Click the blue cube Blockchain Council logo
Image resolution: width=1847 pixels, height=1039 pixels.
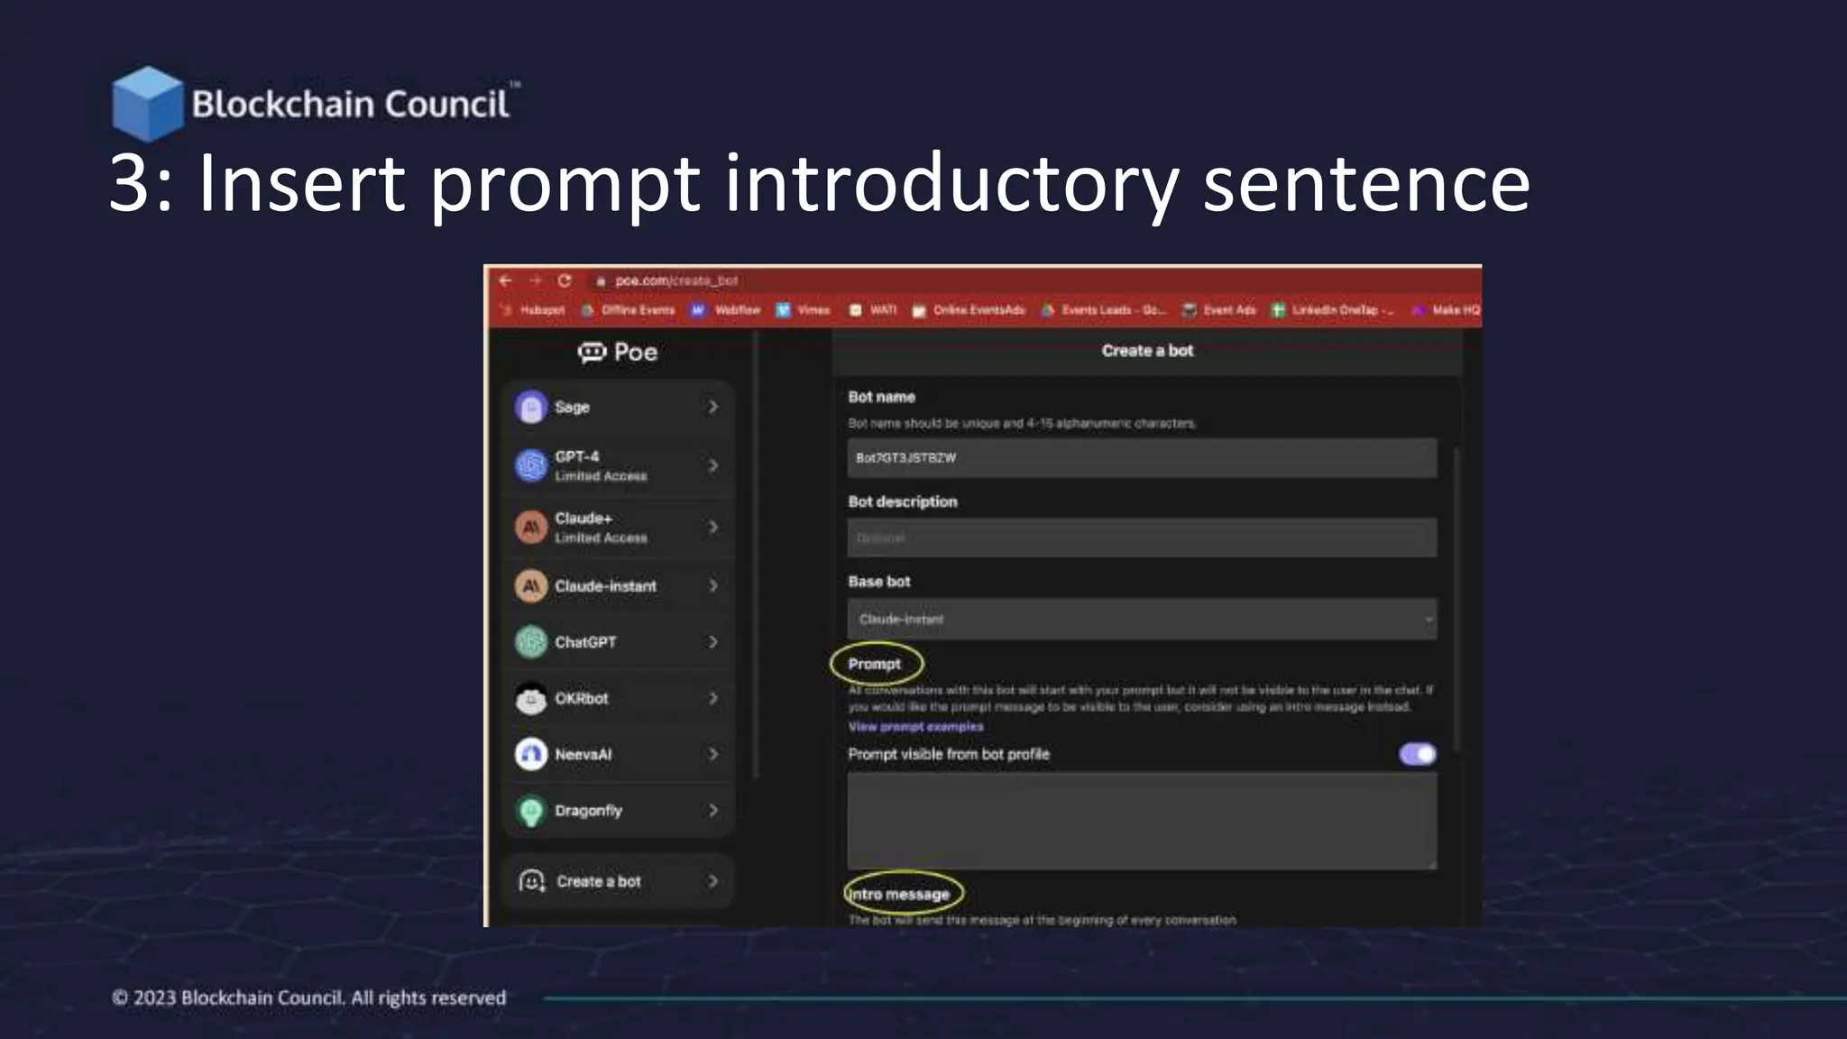[x=146, y=103]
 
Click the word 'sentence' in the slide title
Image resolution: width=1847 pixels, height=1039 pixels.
[x=1365, y=183]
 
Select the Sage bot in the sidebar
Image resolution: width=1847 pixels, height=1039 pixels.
[x=618, y=407]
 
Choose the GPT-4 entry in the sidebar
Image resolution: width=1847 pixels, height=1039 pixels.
[x=618, y=465]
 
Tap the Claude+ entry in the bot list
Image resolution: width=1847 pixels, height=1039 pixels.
[x=618, y=527]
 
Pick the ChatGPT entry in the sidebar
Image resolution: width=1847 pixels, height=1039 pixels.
[x=618, y=642]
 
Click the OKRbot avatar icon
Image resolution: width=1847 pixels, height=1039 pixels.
[x=531, y=699]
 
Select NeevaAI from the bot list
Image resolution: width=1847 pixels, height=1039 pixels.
[x=618, y=754]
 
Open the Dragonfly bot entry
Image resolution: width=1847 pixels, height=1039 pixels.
[x=618, y=810]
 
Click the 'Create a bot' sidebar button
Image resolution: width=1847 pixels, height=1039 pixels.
[x=618, y=881]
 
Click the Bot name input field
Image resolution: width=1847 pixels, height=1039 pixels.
[x=1141, y=458]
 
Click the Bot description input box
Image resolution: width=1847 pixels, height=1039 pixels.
[x=1141, y=538]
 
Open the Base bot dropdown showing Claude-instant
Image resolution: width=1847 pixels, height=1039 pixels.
[x=1141, y=620]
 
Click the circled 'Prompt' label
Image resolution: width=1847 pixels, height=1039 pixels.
[x=875, y=664]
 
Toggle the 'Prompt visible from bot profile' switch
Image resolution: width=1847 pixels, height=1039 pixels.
[x=1417, y=754]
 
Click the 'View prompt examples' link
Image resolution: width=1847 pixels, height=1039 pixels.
[x=915, y=727]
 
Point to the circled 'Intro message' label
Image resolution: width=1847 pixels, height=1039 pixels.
[x=901, y=894]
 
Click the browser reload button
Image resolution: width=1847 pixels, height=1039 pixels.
[x=565, y=280]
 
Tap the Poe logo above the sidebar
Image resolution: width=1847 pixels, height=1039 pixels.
[x=618, y=352]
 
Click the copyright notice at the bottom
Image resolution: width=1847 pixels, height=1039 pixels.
[x=308, y=998]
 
